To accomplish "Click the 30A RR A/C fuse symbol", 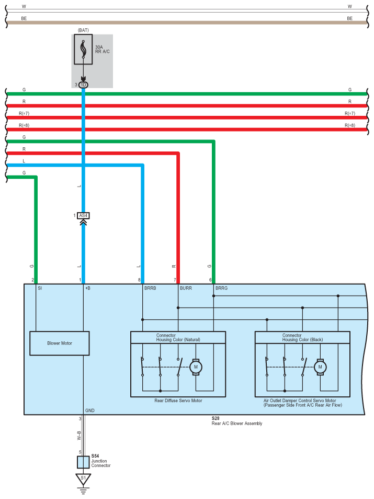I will pyautogui.click(x=84, y=50).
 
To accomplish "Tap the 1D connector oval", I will pyautogui.click(x=84, y=84).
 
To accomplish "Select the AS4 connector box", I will pyautogui.click(x=83, y=215).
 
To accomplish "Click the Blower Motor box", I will pyautogui.click(x=60, y=343).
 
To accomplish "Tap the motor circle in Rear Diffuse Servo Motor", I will pyautogui.click(x=196, y=367).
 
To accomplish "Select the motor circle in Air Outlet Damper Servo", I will pyautogui.click(x=320, y=367).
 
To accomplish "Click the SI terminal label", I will pyautogui.click(x=40, y=288).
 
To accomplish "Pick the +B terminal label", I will pyautogui.click(x=88, y=288).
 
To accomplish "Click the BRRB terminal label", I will pyautogui.click(x=150, y=288).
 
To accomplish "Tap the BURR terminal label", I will pyautogui.click(x=186, y=288).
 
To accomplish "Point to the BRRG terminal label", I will pyautogui.click(x=221, y=288).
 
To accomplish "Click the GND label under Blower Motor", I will pyautogui.click(x=90, y=410).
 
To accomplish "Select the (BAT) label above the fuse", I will pyautogui.click(x=83, y=31).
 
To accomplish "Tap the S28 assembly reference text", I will pyautogui.click(x=216, y=418).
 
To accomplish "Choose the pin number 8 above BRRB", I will pyautogui.click(x=139, y=280).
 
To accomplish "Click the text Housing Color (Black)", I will pyautogui.click(x=296, y=340).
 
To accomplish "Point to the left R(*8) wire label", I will pyautogui.click(x=26, y=125).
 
